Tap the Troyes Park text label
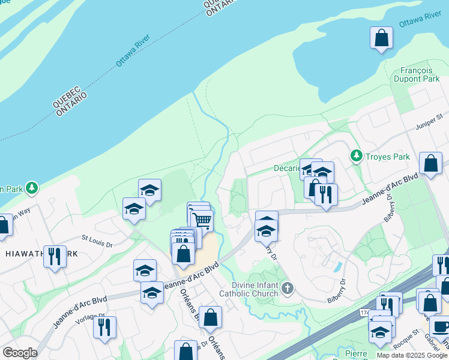tap(388, 157)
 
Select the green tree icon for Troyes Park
tap(357, 157)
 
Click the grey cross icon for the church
tap(288, 289)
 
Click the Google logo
tap(20, 353)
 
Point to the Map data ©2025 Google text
tap(412, 355)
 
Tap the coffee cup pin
tap(441, 327)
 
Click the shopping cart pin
tap(201, 221)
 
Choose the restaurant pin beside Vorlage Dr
tap(105, 327)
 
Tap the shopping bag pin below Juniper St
tap(431, 163)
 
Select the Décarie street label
tap(287, 168)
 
